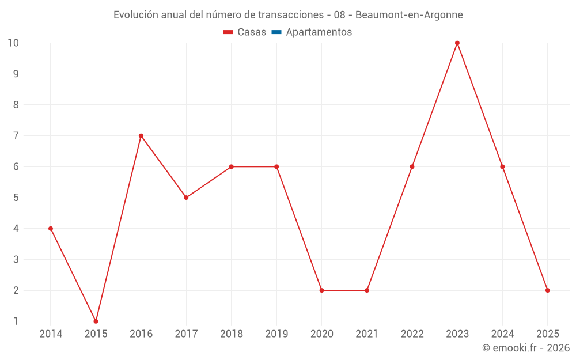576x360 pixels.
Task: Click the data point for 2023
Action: click(457, 43)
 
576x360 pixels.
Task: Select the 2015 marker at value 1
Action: click(96, 321)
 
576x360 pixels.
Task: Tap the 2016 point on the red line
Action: click(141, 136)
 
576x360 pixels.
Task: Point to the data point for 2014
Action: click(51, 229)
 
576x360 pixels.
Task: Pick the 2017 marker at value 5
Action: click(186, 198)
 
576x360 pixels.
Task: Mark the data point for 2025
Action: click(547, 290)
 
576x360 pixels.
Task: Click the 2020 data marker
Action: click(321, 290)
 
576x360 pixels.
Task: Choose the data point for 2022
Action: click(412, 166)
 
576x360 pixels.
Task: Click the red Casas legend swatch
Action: click(228, 32)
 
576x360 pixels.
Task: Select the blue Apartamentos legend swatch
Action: click(276, 32)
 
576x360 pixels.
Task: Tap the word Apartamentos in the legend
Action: click(319, 32)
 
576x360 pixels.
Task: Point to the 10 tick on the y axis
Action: click(13, 43)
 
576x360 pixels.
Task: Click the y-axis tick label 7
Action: click(16, 136)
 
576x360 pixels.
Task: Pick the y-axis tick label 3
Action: click(16, 259)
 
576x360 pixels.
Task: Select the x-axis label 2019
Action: click(276, 334)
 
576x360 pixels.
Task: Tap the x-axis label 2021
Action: click(367, 334)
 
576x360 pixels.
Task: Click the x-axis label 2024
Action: click(502, 334)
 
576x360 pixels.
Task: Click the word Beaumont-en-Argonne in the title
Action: click(409, 15)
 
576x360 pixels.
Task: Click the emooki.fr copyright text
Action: click(526, 348)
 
